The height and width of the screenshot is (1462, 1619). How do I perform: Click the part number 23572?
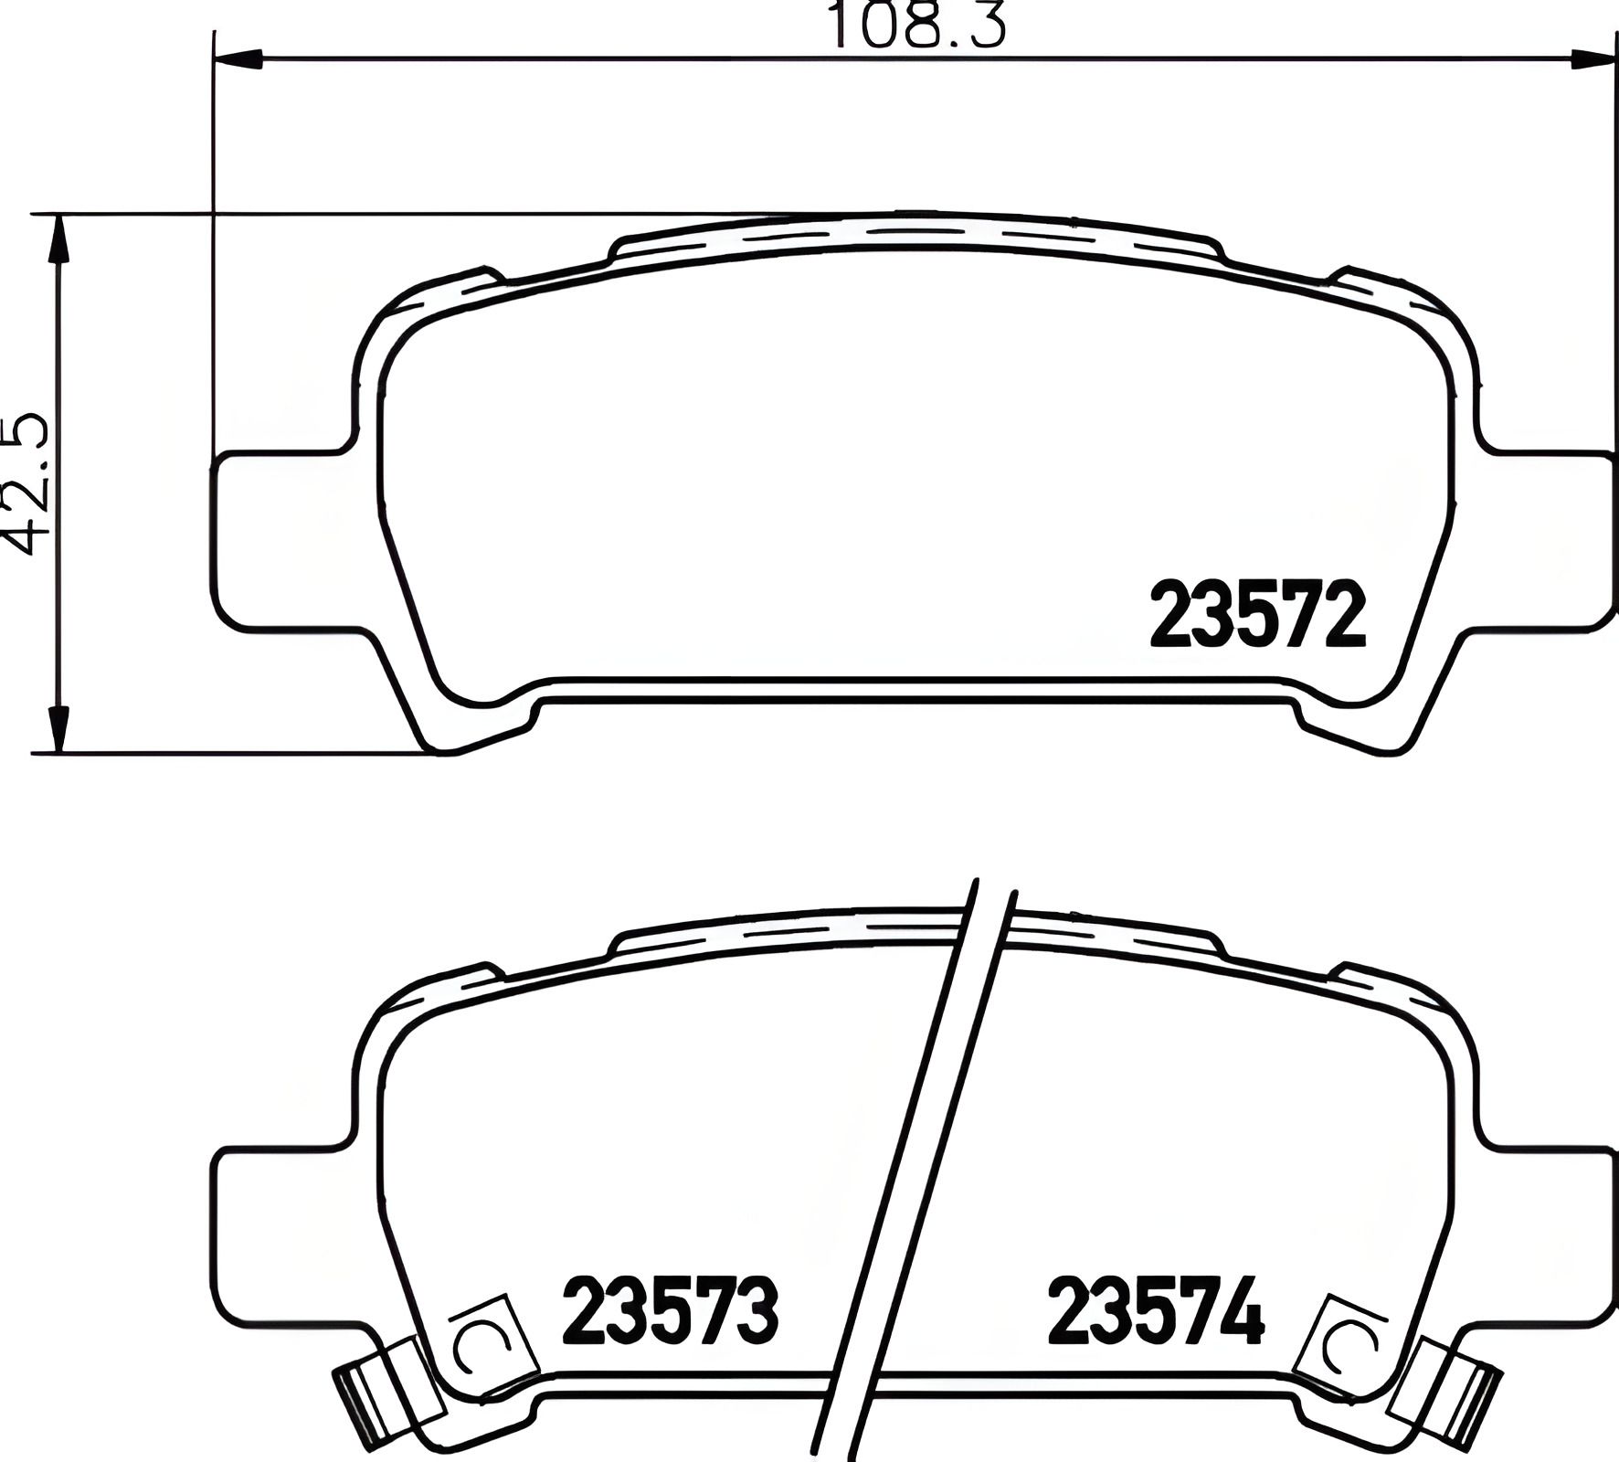tap(1257, 615)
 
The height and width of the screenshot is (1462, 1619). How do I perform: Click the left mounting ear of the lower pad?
tap(279, 1234)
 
